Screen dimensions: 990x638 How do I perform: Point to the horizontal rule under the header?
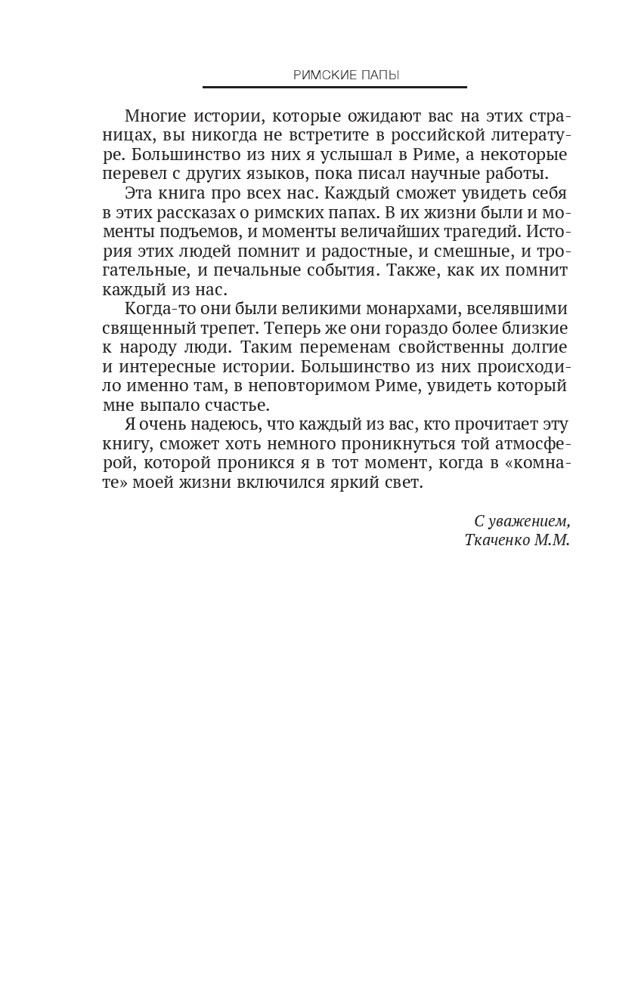pos(334,88)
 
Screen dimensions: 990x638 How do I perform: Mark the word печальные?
pos(247,270)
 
